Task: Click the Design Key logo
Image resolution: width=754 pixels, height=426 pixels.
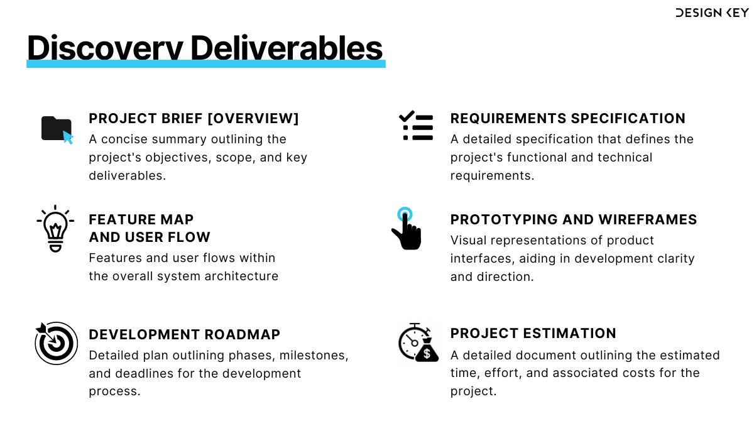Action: [711, 13]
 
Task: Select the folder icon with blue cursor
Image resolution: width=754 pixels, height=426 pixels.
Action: [57, 129]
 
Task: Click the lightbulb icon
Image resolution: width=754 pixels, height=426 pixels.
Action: [55, 229]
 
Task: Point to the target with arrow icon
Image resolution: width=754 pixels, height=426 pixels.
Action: [56, 343]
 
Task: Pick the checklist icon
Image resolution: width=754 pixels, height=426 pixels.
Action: [416, 126]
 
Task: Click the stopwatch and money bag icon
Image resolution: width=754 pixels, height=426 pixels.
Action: [418, 343]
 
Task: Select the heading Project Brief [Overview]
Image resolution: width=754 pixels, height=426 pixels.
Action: [194, 119]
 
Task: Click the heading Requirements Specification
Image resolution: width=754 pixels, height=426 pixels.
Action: [567, 119]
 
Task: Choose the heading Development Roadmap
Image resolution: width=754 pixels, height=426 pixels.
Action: [184, 334]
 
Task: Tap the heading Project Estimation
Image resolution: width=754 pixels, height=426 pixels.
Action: [533, 334]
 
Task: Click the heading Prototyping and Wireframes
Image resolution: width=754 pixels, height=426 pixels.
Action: [573, 220]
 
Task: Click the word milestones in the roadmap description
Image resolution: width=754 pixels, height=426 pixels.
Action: [314, 356]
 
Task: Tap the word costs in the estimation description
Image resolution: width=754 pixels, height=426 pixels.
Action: [638, 373]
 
